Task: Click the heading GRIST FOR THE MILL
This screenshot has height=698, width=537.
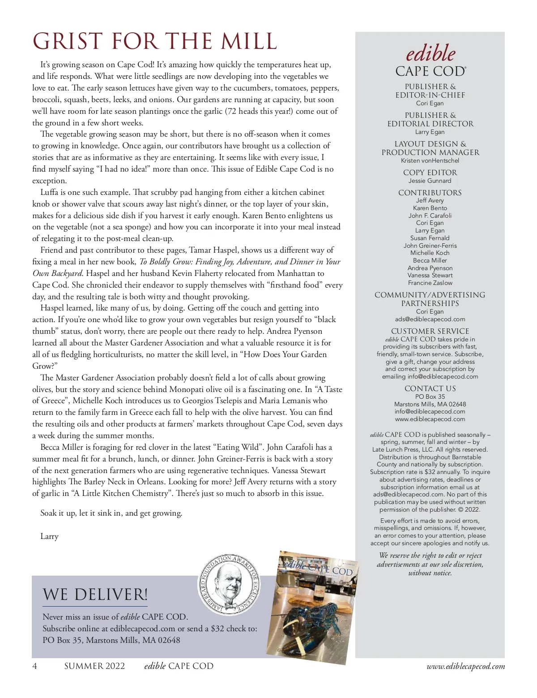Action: pos(155,42)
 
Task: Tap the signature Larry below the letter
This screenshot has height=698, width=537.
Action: pos(49,536)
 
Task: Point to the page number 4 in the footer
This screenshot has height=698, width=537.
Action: pos(35,666)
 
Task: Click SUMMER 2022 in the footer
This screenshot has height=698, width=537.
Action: pos(94,666)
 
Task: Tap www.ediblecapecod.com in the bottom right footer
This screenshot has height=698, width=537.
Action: pos(466,666)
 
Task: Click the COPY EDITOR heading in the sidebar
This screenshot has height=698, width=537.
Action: pos(430,172)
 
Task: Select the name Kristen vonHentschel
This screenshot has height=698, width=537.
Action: pos(430,160)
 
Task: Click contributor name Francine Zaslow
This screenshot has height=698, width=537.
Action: pos(430,283)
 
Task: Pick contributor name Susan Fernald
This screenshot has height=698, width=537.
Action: pos(430,238)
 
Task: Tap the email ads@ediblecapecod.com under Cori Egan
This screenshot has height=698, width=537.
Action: pos(430,319)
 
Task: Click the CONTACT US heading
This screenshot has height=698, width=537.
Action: pos(430,388)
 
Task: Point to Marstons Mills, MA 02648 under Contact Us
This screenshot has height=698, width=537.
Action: pos(430,404)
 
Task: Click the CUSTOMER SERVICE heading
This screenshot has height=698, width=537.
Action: pos(430,331)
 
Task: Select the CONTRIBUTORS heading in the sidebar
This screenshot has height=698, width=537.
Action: pos(430,193)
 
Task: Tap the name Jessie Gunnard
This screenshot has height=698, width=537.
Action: pos(430,181)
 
